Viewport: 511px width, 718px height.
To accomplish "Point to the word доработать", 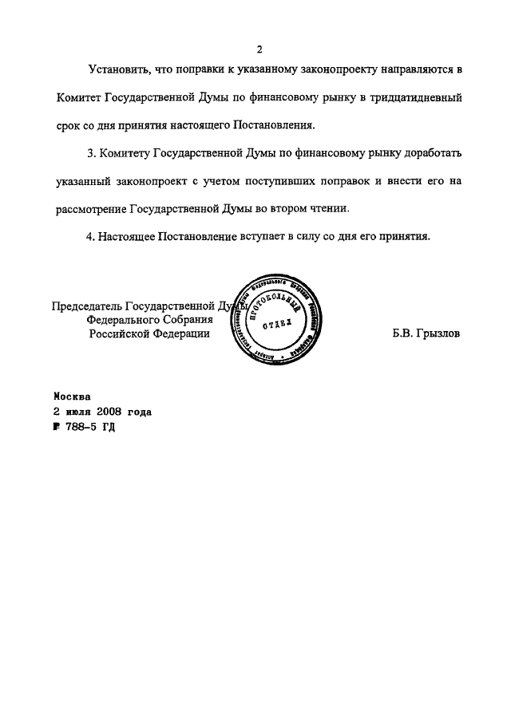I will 428,152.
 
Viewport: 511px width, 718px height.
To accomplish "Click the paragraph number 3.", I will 91,152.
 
